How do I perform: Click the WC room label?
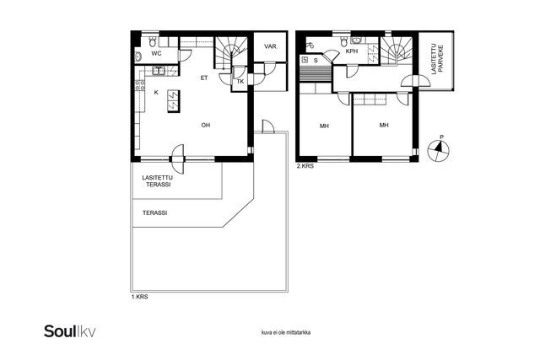(156, 53)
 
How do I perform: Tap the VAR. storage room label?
(271, 46)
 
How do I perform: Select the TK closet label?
(240, 82)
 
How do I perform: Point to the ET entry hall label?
(204, 78)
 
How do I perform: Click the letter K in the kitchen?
(156, 93)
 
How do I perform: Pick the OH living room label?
(206, 125)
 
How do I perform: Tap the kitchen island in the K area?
(174, 101)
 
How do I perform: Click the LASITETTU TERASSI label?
(158, 181)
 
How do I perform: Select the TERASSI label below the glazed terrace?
(155, 213)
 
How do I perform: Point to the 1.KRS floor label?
(139, 297)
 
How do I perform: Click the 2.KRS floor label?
(305, 166)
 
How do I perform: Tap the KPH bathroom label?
(352, 51)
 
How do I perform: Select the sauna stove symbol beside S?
(305, 60)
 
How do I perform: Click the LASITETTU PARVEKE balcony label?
(437, 58)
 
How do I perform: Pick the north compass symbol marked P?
(439, 149)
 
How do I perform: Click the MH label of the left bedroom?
(324, 126)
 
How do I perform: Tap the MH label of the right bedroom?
(384, 125)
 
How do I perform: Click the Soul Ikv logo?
(70, 331)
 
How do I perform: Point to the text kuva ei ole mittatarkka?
(286, 333)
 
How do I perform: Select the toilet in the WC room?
(153, 42)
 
